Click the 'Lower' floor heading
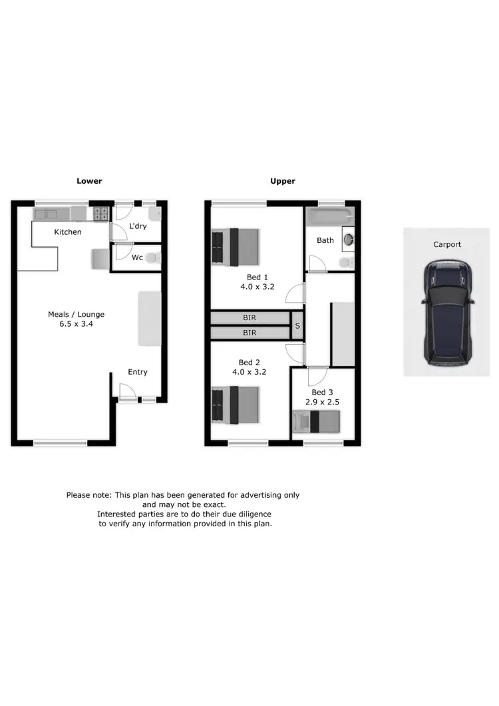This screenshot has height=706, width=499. [89, 181]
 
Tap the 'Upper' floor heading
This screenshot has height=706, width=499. [283, 181]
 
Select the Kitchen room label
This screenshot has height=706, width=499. [68, 232]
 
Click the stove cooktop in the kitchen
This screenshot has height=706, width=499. [102, 214]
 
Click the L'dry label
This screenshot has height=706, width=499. [138, 226]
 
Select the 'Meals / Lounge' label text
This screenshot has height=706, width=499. [76, 315]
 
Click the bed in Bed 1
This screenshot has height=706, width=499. [236, 246]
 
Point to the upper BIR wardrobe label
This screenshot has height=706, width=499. [250, 318]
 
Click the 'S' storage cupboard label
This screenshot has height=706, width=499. [297, 326]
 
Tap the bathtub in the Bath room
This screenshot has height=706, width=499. [330, 215]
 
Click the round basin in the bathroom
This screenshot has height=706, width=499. [347, 239]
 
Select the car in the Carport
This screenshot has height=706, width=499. [447, 312]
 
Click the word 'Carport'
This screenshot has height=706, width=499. [447, 244]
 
